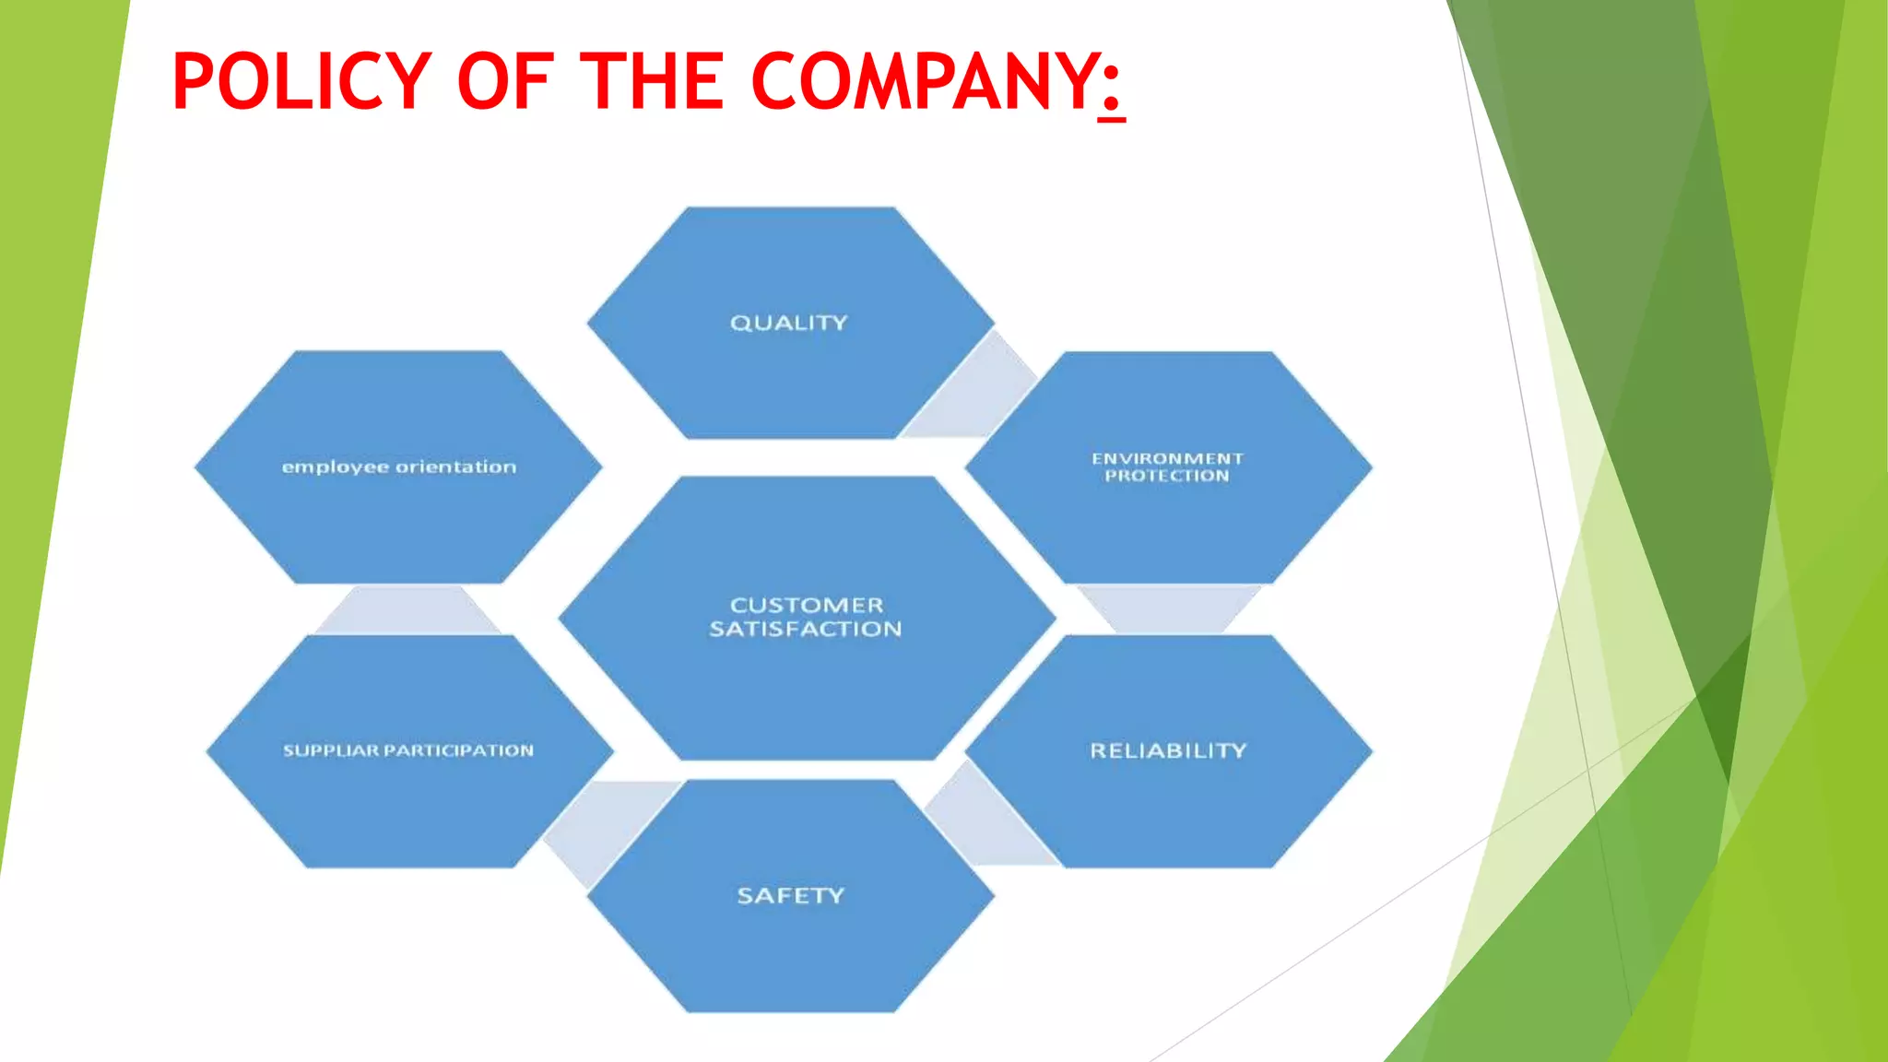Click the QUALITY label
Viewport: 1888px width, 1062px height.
[x=788, y=323]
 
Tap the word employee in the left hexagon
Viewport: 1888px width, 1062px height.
[x=335, y=467]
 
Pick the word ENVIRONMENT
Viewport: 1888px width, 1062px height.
[x=1167, y=458]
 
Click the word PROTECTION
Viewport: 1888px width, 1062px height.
[x=1167, y=476]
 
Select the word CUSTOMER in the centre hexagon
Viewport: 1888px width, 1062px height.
[x=807, y=605]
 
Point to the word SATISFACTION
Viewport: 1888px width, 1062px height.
[x=806, y=629]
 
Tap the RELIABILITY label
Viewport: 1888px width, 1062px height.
[x=1168, y=750]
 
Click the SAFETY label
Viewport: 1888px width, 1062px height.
[x=790, y=895]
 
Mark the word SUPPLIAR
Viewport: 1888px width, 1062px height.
[x=331, y=750]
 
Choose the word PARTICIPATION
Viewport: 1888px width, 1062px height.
[x=458, y=750]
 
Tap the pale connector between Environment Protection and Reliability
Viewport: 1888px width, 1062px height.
[x=1168, y=608]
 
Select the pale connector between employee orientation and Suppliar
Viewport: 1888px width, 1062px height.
[x=407, y=609]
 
